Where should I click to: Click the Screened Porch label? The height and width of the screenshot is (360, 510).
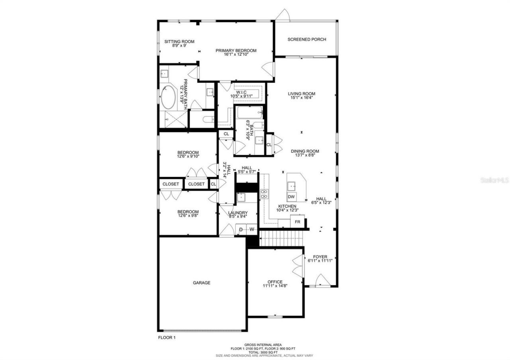[307, 39]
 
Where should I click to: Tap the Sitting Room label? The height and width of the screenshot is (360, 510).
[179, 41]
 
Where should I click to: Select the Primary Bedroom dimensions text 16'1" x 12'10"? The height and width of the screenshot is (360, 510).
[236, 55]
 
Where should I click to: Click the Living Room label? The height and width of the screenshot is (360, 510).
[302, 94]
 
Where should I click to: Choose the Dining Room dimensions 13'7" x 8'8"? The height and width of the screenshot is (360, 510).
[305, 156]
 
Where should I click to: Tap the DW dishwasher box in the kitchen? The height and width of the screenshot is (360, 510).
[291, 197]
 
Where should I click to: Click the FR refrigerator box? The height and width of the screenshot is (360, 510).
[297, 221]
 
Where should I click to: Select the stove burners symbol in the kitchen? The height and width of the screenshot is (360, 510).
[264, 194]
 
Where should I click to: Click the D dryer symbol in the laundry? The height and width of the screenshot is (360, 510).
[241, 229]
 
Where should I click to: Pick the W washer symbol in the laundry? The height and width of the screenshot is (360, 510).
[251, 229]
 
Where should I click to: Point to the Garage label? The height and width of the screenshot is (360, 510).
[202, 283]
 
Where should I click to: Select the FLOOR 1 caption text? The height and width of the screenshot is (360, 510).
[167, 337]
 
